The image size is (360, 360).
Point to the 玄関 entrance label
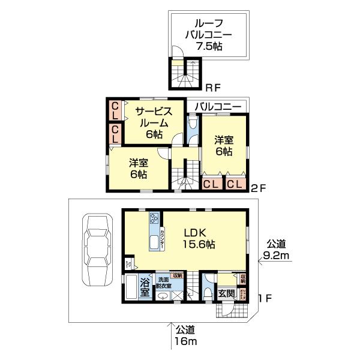226,293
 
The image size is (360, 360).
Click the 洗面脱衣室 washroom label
164,283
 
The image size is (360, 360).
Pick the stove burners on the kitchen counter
154,218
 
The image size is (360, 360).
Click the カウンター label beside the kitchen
163,239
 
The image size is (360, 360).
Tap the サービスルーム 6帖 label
154,122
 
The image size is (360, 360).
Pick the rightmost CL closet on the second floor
235,184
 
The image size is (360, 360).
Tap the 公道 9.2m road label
277,250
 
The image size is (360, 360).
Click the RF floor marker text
213,85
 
